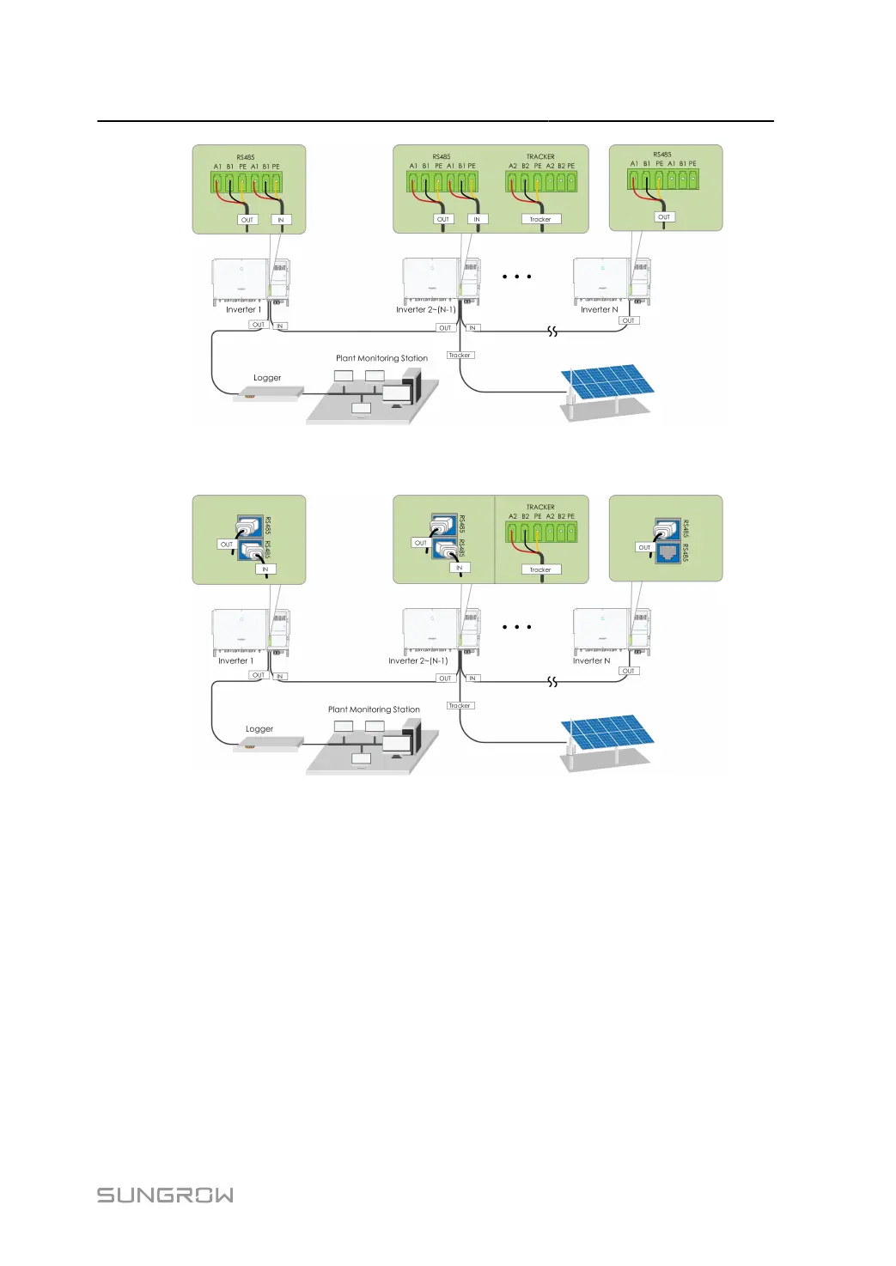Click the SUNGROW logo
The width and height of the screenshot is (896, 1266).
[x=165, y=1195]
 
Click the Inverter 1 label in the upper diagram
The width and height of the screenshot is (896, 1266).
[x=243, y=310]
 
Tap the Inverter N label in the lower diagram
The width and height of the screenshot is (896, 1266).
[x=591, y=661]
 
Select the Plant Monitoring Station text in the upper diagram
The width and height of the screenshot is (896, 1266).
[x=381, y=358]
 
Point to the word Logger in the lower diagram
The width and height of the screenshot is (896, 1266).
[x=259, y=729]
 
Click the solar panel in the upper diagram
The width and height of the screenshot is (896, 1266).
[x=606, y=382]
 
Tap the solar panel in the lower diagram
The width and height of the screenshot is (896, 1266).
[x=606, y=733]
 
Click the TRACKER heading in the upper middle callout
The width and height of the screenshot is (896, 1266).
[x=540, y=157]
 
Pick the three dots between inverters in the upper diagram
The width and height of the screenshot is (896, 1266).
[x=516, y=277]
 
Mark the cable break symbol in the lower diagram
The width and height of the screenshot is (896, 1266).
[x=552, y=682]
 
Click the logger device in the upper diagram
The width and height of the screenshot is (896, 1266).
[x=269, y=393]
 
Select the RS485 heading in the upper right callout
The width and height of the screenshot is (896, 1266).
[x=662, y=155]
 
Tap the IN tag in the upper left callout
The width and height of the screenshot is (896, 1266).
[x=280, y=220]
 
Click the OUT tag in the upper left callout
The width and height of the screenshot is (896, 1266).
[x=247, y=220]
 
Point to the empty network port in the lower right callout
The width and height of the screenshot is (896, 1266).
[x=667, y=553]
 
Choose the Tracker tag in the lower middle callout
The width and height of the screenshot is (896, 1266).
[x=540, y=569]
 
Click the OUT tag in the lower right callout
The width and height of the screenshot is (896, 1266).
[x=644, y=547]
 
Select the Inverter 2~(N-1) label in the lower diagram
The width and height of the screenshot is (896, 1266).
[x=418, y=661]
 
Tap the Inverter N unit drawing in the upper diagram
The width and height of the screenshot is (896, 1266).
[x=611, y=280]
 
